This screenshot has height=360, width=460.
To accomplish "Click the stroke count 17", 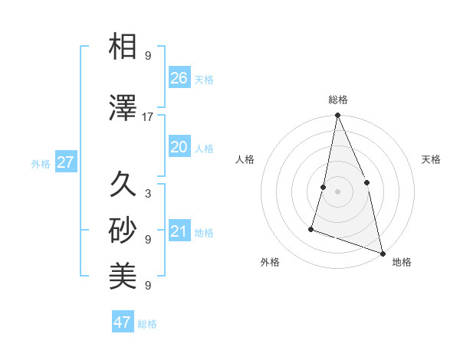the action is click(148, 117).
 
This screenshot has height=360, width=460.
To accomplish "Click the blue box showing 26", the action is click(179, 78).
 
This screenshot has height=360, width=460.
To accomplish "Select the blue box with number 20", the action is click(179, 147).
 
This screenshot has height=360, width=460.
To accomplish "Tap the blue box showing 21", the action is click(179, 232).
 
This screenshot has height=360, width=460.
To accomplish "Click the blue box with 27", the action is click(65, 162).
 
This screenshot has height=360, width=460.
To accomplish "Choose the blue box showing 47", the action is click(123, 322).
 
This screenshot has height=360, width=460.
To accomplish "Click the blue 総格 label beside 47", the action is click(147, 324).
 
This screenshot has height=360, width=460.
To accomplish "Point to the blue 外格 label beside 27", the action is click(41, 163).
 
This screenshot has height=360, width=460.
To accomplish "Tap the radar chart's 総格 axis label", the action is click(338, 100).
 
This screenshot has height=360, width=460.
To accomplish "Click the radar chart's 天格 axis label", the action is click(431, 159).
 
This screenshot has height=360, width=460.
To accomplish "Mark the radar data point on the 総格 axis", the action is click(337, 116).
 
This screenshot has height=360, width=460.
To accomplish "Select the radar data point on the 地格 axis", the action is click(382, 253).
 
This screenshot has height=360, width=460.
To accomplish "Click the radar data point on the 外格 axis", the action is click(311, 228).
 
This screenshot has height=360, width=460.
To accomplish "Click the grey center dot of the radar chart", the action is click(337, 191).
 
